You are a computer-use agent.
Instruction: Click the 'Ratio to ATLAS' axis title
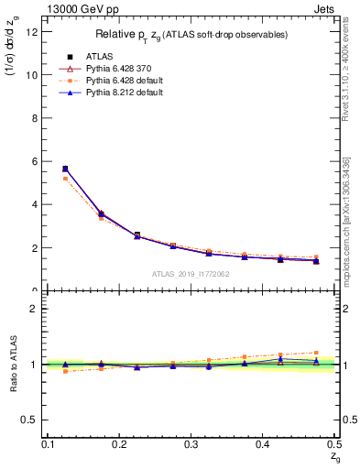[x=13, y=363]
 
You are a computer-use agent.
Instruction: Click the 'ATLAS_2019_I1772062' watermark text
[x=191, y=274]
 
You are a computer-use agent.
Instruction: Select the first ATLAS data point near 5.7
[x=65, y=169]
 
